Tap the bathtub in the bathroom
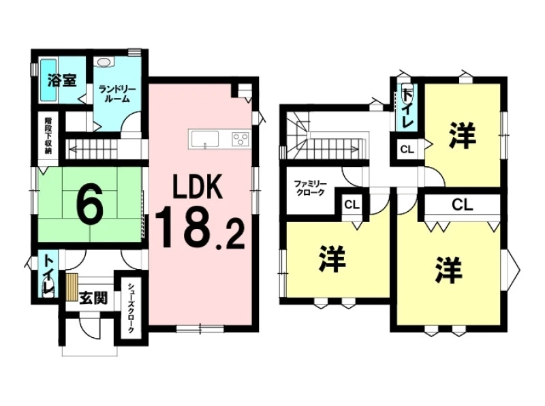click(x=48, y=80)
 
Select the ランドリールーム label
click(x=114, y=94)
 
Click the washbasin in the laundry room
click(x=104, y=62)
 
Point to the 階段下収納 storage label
click(x=48, y=136)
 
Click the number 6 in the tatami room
click(x=89, y=204)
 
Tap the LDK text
click(x=198, y=187)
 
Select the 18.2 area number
click(x=200, y=228)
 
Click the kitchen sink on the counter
click(x=204, y=139)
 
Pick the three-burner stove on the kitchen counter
click(x=240, y=139)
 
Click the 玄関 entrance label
click(x=93, y=298)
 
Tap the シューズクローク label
click(x=131, y=308)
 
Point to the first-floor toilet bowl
click(x=48, y=291)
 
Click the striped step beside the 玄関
click(x=72, y=287)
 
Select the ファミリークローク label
click(x=310, y=188)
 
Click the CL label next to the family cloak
click(x=352, y=205)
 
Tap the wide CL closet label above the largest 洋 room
click(x=463, y=205)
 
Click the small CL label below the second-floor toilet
click(x=407, y=150)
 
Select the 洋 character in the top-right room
click(x=462, y=136)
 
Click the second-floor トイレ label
click(x=407, y=108)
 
